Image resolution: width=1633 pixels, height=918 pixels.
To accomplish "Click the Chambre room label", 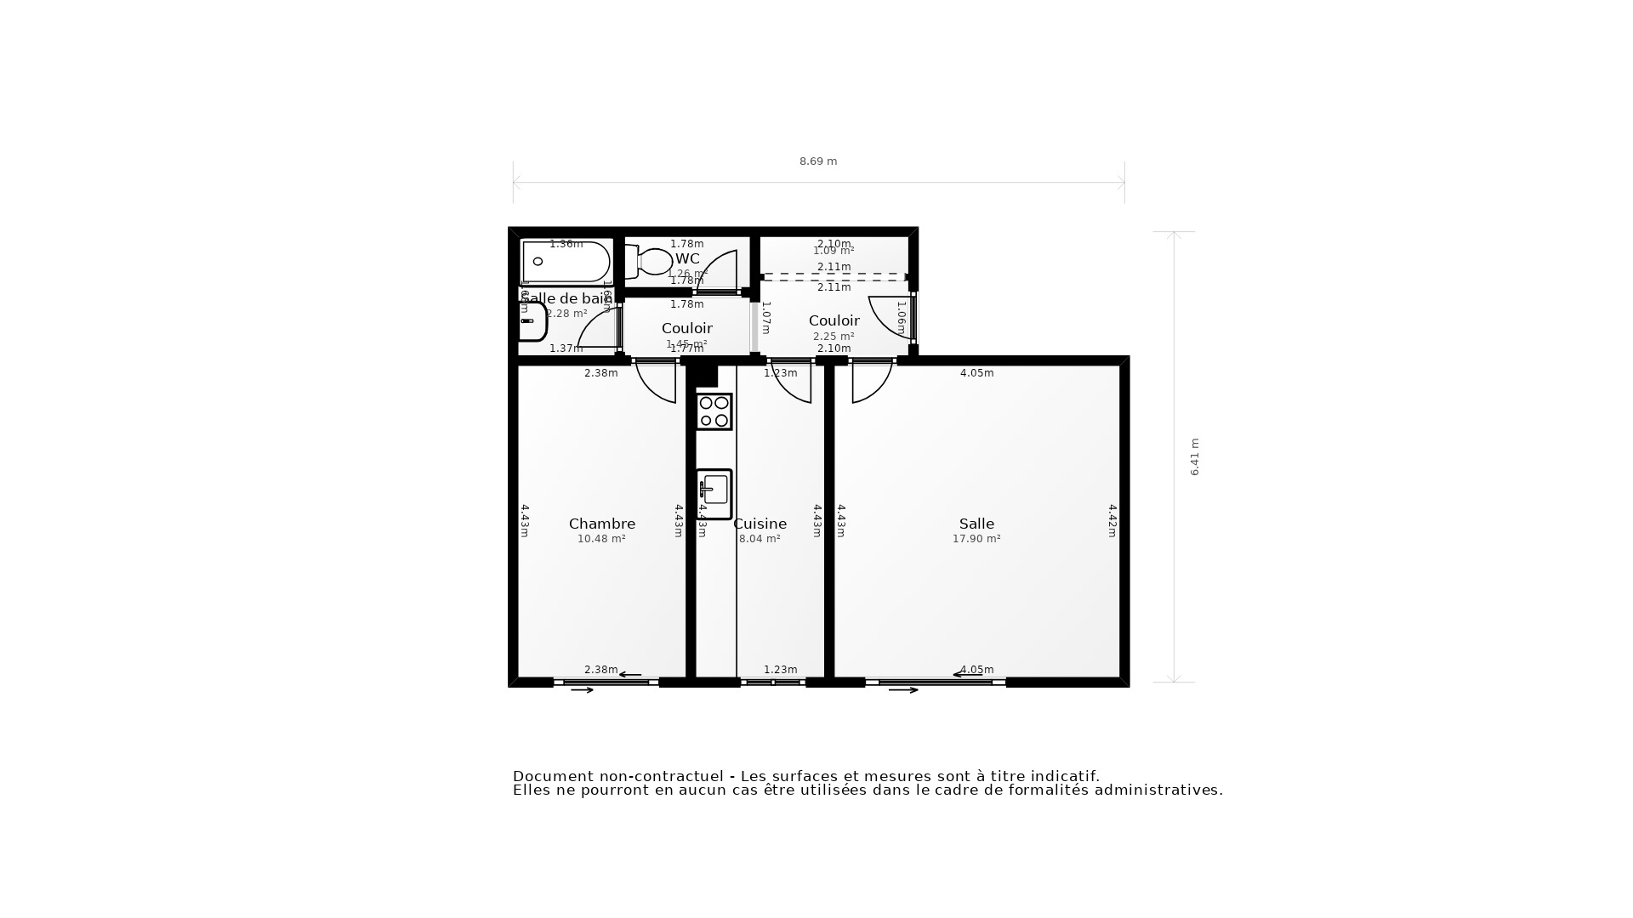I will pyautogui.click(x=601, y=524).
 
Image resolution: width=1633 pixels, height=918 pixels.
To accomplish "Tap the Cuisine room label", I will pyautogui.click(x=760, y=524).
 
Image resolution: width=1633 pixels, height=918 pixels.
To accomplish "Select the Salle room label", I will pyautogui.click(x=976, y=524).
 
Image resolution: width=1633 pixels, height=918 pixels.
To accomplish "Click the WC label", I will pyautogui.click(x=687, y=258).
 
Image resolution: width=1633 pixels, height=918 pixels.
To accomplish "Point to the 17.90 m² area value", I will pyautogui.click(x=976, y=539).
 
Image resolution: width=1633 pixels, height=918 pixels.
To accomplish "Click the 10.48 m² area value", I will pyautogui.click(x=601, y=539).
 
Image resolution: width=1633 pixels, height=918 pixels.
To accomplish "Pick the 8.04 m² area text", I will pyautogui.click(x=760, y=539).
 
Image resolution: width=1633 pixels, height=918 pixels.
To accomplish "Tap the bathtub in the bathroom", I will pyautogui.click(x=566, y=262).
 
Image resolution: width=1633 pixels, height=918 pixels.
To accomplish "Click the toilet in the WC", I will pyautogui.click(x=651, y=261).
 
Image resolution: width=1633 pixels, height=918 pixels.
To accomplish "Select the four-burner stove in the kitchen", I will pyautogui.click(x=714, y=411).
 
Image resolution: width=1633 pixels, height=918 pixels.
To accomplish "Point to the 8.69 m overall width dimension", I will pyautogui.click(x=818, y=161).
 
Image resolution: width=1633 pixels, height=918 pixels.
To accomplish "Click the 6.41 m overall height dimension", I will pyautogui.click(x=1194, y=456).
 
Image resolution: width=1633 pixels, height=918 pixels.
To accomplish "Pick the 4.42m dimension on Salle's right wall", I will pyautogui.click(x=1112, y=520).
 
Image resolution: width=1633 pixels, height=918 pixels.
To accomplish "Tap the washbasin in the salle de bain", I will pyautogui.click(x=532, y=321).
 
